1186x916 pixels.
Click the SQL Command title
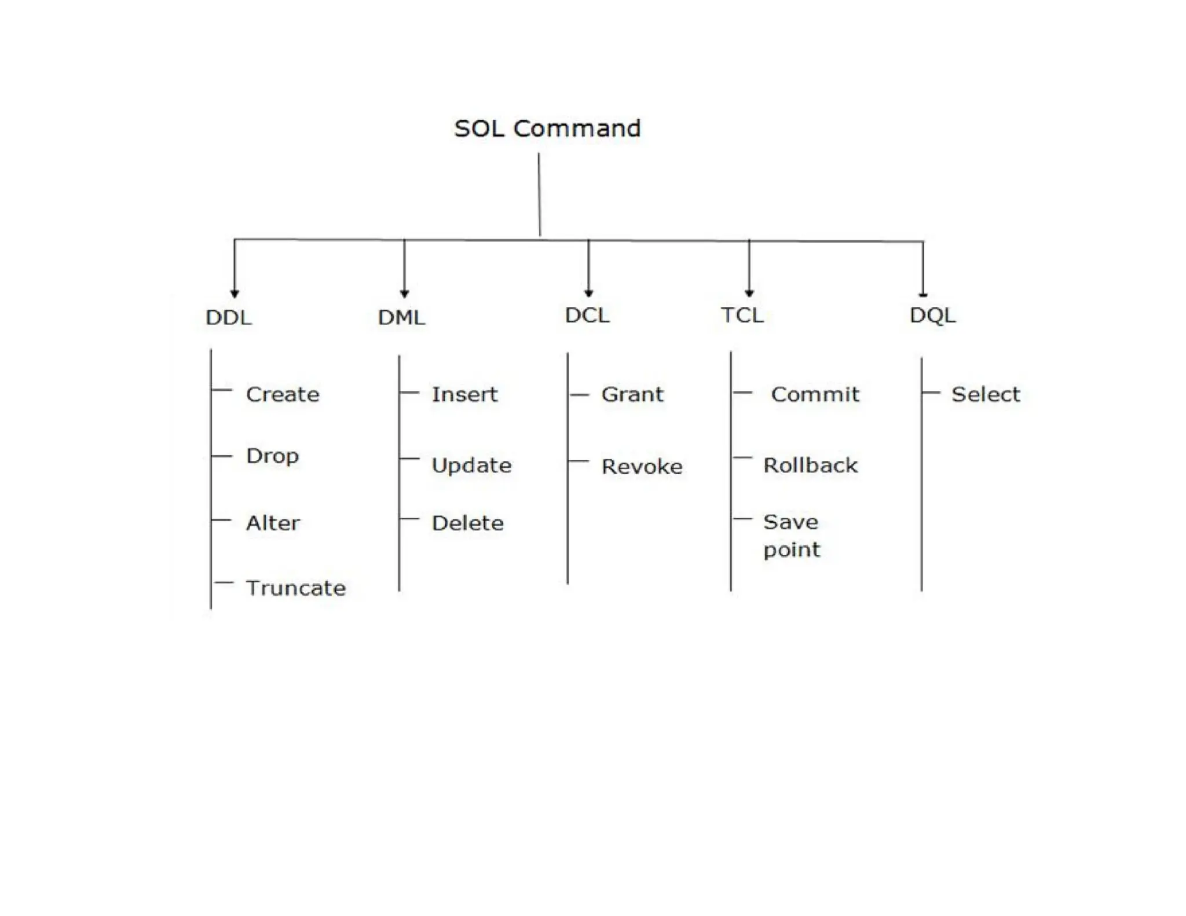coord(547,129)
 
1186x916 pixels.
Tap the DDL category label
coord(229,317)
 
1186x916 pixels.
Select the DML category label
coord(401,317)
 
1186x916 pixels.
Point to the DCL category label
coord(587,316)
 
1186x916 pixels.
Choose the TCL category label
coord(742,316)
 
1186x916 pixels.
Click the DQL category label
coord(932,316)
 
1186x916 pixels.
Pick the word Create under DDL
coord(283,395)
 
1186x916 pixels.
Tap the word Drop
coord(272,456)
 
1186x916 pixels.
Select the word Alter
coord(273,523)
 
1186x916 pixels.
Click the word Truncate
coord(296,588)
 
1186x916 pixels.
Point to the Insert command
coord(464,395)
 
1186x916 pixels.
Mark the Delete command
coord(467,523)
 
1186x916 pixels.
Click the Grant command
coord(632,395)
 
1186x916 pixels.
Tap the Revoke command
coord(642,467)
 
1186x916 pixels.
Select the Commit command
coord(815,395)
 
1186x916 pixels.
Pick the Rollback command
coord(810,466)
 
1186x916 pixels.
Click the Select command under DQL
coord(986,395)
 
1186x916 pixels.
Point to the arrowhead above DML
coord(404,294)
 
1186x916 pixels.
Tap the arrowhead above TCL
coord(749,293)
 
